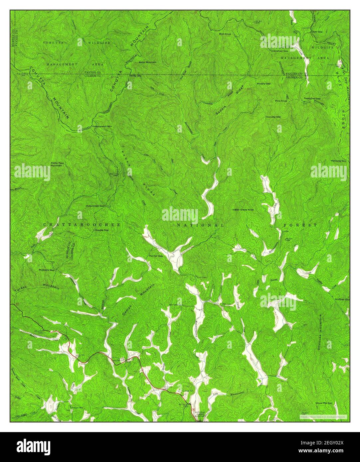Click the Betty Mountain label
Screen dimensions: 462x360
[x=147, y=62]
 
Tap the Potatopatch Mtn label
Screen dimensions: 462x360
[x=102, y=127]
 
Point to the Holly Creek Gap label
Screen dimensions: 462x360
[x=95, y=206]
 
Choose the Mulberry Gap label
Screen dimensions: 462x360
[x=46, y=270]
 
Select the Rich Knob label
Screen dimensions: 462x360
[x=225, y=34]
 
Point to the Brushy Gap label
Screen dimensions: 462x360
[x=263, y=83]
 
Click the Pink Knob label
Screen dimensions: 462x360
[x=281, y=100]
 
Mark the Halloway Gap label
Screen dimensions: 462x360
[x=338, y=161]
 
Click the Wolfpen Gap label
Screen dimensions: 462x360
[x=342, y=299]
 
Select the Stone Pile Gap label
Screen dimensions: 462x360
[x=324, y=403]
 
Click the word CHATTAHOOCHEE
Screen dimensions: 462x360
[x=82, y=225]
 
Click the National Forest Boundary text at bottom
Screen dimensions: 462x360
[x=200, y=414]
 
